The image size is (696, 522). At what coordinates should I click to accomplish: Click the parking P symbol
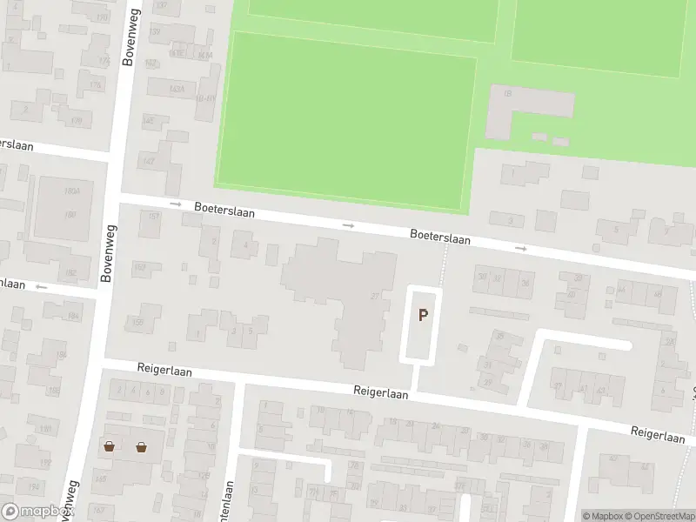point(423,316)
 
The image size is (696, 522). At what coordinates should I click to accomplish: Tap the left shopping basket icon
point(109,447)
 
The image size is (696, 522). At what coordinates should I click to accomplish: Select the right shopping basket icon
point(141,447)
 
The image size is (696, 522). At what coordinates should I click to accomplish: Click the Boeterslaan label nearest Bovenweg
point(224,210)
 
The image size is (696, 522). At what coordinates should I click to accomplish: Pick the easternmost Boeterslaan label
point(440,236)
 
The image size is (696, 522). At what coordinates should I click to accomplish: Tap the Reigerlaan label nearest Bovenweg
point(164,370)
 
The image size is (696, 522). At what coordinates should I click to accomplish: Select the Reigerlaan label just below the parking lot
point(380,392)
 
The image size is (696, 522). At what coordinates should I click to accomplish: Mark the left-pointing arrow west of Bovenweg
point(39,285)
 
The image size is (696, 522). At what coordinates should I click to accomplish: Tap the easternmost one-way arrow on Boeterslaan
point(521,249)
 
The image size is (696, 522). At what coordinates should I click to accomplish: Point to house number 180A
point(70,191)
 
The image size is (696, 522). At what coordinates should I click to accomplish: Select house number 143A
point(176,89)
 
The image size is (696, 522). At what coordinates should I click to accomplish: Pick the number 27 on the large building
point(375,297)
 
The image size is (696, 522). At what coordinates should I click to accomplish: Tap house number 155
point(137,323)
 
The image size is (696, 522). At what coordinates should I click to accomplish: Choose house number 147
point(149,162)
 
